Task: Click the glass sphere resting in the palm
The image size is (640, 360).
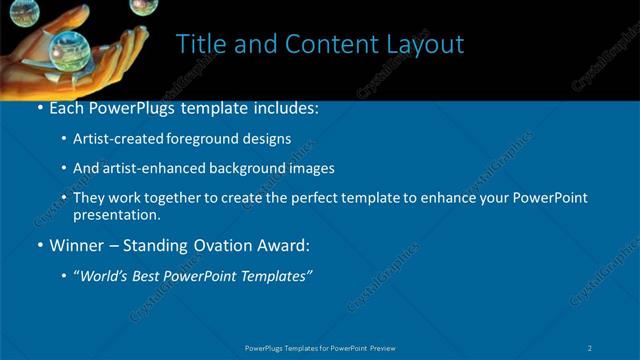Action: point(73,48)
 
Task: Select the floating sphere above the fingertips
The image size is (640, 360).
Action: point(140,6)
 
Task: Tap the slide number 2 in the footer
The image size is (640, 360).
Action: point(591,347)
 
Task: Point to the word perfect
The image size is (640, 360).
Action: point(304,198)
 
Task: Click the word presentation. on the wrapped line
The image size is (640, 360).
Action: point(116,214)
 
